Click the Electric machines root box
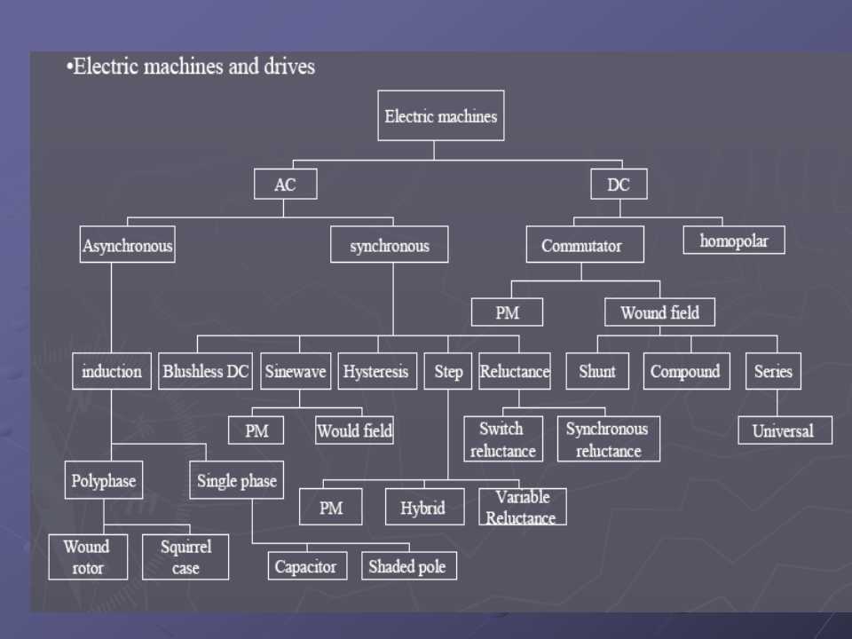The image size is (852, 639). pyautogui.click(x=440, y=115)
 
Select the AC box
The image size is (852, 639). pyautogui.click(x=285, y=185)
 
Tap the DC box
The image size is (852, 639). pyautogui.click(x=619, y=185)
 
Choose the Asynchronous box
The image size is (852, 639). pyautogui.click(x=128, y=245)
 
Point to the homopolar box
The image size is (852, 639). pyautogui.click(x=733, y=241)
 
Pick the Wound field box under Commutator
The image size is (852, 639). pyautogui.click(x=659, y=312)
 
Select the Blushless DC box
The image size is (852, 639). pyautogui.click(x=207, y=372)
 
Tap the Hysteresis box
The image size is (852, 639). pyautogui.click(x=376, y=372)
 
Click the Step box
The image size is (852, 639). pyautogui.click(x=448, y=372)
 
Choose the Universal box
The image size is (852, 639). pyautogui.click(x=785, y=430)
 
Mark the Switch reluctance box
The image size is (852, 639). pyautogui.click(x=503, y=439)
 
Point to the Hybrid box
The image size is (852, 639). pyautogui.click(x=424, y=508)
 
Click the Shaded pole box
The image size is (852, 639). pyautogui.click(x=408, y=565)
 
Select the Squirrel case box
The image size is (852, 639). pyautogui.click(x=185, y=556)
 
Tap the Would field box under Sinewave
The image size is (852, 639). pyautogui.click(x=354, y=430)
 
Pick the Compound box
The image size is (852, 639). pyautogui.click(x=686, y=372)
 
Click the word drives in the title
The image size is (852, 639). pyautogui.click(x=288, y=67)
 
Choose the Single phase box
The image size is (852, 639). pyautogui.click(x=236, y=481)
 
